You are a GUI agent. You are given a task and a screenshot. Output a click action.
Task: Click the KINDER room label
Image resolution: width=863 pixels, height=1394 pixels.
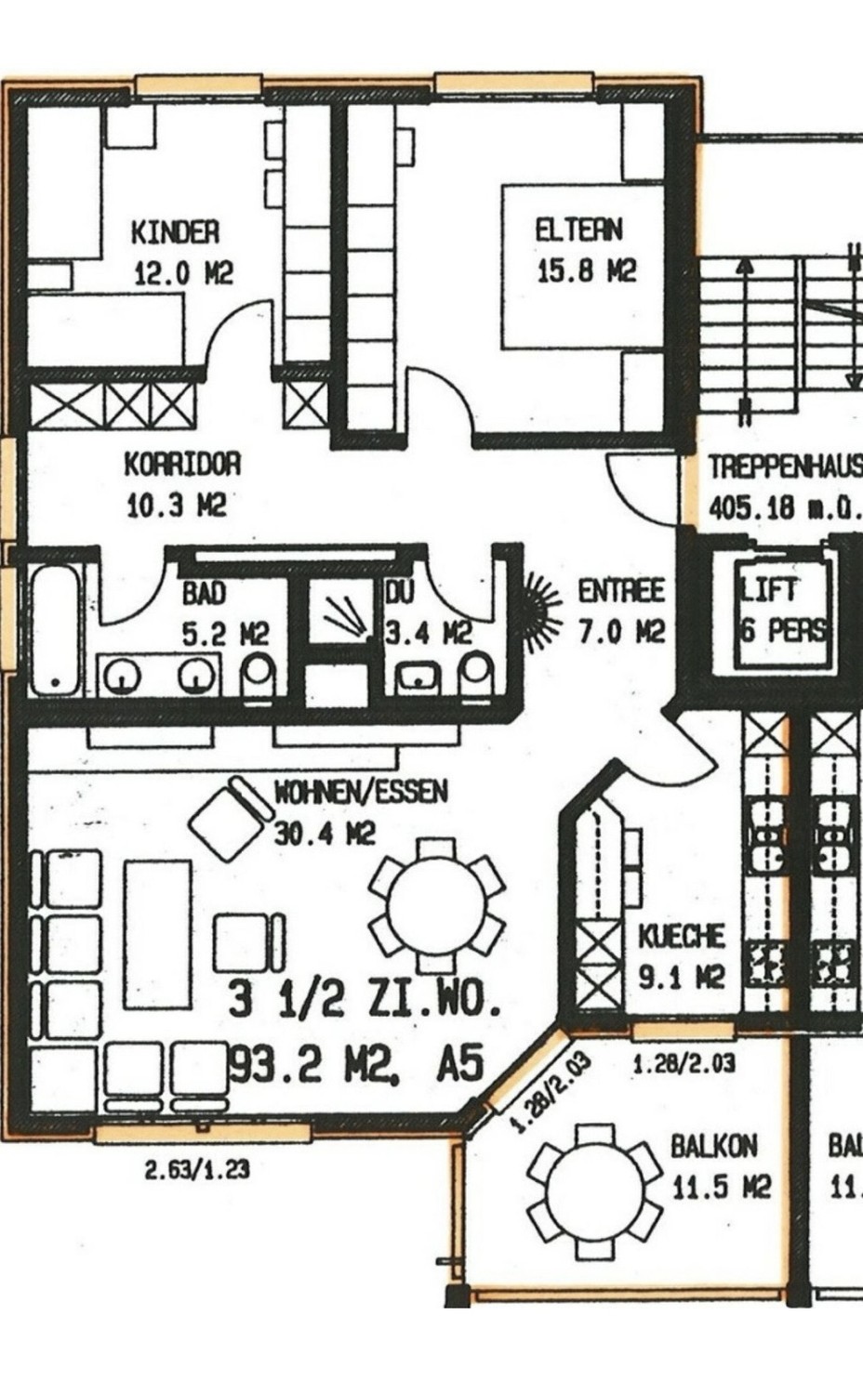point(175,231)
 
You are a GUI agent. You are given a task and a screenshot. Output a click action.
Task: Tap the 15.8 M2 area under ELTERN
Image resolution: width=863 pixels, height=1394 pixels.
point(586,271)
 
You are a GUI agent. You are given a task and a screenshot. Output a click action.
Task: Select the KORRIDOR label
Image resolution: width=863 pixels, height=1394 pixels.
point(182,464)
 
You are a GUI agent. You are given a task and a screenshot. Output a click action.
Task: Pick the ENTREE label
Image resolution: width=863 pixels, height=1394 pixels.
point(621,591)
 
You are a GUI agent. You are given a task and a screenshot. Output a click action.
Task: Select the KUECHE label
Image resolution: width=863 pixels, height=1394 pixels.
point(681,936)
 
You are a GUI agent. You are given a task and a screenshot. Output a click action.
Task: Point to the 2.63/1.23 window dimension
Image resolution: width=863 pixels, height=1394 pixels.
point(197,1169)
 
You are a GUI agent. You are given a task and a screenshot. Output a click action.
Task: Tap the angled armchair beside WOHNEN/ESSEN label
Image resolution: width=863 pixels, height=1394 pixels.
point(228,819)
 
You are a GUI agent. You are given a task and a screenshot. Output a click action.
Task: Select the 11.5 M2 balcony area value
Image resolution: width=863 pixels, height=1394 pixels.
point(721,1187)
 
